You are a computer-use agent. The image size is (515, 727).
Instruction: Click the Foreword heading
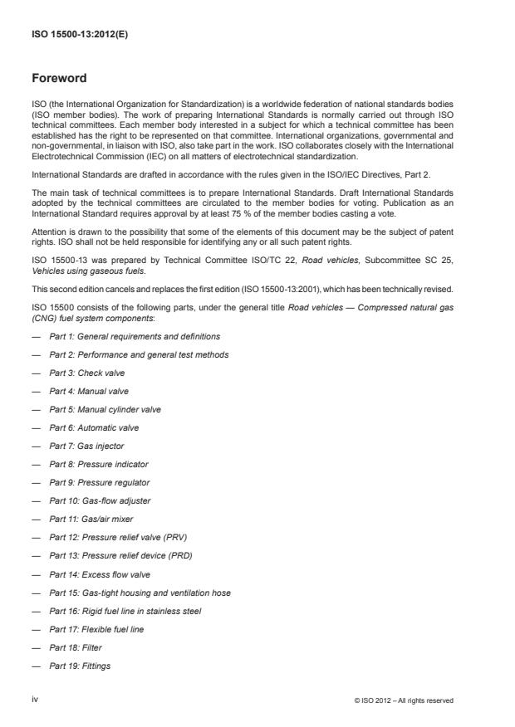click(59, 79)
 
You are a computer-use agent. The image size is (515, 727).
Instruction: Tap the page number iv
click(35, 700)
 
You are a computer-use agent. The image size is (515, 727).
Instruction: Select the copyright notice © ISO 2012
click(404, 700)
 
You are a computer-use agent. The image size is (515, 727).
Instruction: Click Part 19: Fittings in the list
click(80, 666)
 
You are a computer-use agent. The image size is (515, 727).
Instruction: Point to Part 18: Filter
click(76, 647)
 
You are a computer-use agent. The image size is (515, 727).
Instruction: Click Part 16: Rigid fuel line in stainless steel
click(125, 611)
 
